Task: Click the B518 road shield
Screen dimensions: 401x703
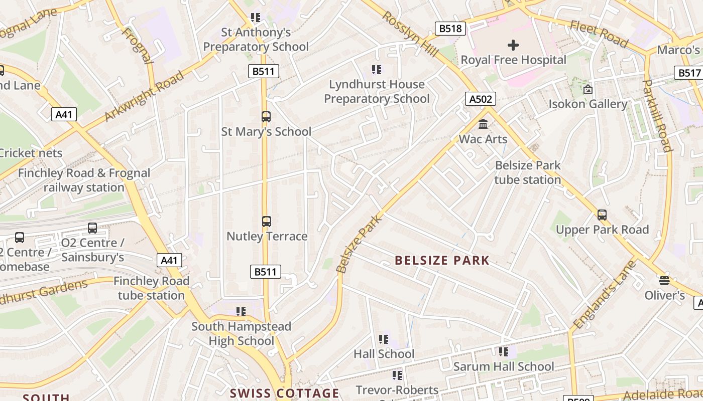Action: coord(450,29)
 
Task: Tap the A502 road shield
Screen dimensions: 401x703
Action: coord(481,99)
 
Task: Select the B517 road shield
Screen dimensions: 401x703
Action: coord(689,73)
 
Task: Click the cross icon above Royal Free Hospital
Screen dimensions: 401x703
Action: coord(513,46)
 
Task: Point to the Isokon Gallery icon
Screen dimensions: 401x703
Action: coord(588,90)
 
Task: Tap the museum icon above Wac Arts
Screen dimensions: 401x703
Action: coord(483,124)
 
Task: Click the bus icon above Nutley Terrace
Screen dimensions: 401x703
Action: coord(266,221)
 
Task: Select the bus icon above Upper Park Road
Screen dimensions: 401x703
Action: coord(602,215)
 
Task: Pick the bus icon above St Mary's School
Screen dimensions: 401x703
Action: coord(266,117)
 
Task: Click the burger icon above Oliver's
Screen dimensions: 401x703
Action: coord(664,280)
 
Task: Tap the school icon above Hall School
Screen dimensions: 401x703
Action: coord(384,339)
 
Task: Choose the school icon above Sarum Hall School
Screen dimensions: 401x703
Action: coord(503,352)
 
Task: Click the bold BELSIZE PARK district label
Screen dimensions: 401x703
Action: coord(442,260)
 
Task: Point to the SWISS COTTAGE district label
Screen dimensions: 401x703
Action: coord(285,393)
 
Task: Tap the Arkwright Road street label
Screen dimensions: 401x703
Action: coord(144,96)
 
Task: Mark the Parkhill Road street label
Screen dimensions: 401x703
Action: coord(657,115)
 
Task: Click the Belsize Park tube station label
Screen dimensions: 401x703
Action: coord(527,172)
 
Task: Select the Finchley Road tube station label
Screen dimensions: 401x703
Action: coord(151,288)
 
